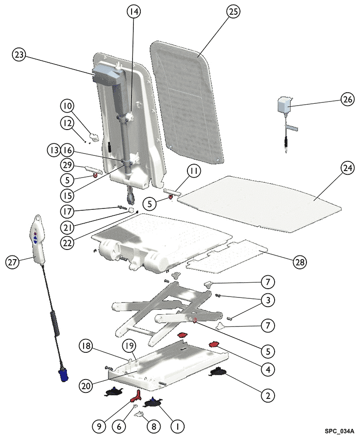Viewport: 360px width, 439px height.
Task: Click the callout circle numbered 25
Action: [233, 12]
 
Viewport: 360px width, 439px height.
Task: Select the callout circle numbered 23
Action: [19, 55]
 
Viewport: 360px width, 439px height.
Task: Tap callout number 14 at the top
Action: [134, 12]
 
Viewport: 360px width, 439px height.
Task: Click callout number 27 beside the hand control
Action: [13, 262]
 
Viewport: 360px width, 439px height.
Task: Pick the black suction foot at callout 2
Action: [218, 371]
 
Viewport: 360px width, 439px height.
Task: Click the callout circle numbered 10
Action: [67, 107]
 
